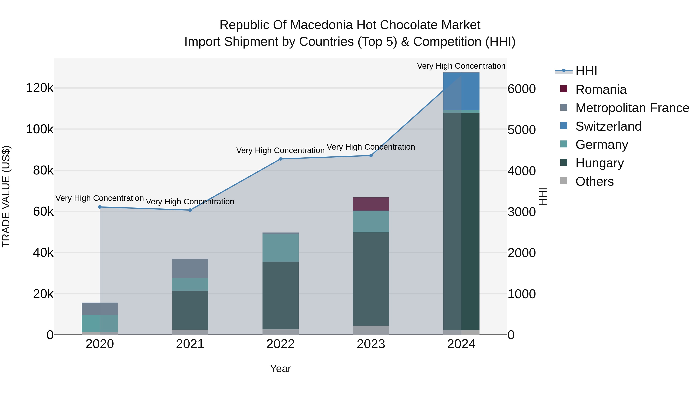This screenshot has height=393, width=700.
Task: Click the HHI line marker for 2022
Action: pyautogui.click(x=280, y=159)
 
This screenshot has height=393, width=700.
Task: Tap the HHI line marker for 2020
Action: pyautogui.click(x=100, y=207)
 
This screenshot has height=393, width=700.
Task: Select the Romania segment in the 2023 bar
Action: pyautogui.click(x=371, y=204)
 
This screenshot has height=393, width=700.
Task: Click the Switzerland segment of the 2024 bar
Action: pyautogui.click(x=461, y=91)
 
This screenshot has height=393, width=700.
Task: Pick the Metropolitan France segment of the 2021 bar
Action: pyautogui.click(x=190, y=268)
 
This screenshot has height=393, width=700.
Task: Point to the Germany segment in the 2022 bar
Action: pyautogui.click(x=280, y=247)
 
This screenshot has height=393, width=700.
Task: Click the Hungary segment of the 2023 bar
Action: pyautogui.click(x=371, y=279)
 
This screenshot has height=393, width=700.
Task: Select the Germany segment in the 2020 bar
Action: pyautogui.click(x=100, y=323)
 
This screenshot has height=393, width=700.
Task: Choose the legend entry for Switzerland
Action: pyautogui.click(x=608, y=126)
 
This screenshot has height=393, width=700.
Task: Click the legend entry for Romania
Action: pyautogui.click(x=601, y=89)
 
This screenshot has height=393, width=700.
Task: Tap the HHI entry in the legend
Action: pyautogui.click(x=586, y=71)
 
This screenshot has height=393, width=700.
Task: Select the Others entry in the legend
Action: pyautogui.click(x=594, y=181)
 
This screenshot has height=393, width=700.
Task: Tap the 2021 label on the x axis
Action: pyautogui.click(x=190, y=344)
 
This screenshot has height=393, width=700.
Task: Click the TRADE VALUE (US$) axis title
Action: pyautogui.click(x=6, y=196)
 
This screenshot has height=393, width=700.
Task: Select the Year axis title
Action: pyautogui.click(x=280, y=369)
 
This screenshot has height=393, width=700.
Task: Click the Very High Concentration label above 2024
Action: pyautogui.click(x=461, y=66)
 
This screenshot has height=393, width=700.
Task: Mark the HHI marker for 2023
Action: pyautogui.click(x=371, y=155)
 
